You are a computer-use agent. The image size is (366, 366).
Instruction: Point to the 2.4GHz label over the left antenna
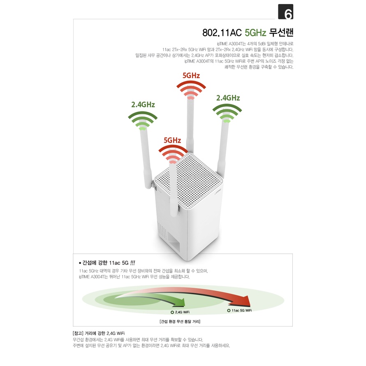(x=143, y=104)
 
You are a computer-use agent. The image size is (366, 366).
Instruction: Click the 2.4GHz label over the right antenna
(x=228, y=98)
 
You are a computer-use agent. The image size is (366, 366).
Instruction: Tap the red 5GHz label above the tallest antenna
(x=191, y=75)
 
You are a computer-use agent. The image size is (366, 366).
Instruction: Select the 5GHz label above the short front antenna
(x=172, y=140)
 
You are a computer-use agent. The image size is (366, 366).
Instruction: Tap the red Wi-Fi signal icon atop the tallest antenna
(x=191, y=90)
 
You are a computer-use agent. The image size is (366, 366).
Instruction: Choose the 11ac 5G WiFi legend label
(x=241, y=310)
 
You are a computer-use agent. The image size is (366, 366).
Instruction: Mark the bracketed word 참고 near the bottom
(x=78, y=333)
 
